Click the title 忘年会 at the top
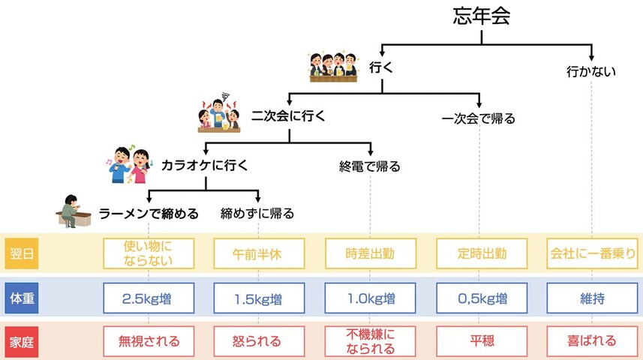[x=482, y=17]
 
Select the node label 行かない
[x=590, y=72]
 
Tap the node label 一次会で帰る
[x=479, y=118]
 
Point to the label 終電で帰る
[x=369, y=166]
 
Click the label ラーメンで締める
[x=149, y=214]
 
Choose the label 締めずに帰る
[x=257, y=214]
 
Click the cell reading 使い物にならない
[x=149, y=253]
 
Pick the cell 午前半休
[x=259, y=253]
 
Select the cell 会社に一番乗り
[x=592, y=253]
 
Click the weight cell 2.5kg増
[x=149, y=298]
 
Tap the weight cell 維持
[x=592, y=298]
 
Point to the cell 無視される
[x=149, y=341]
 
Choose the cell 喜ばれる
[x=592, y=341]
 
